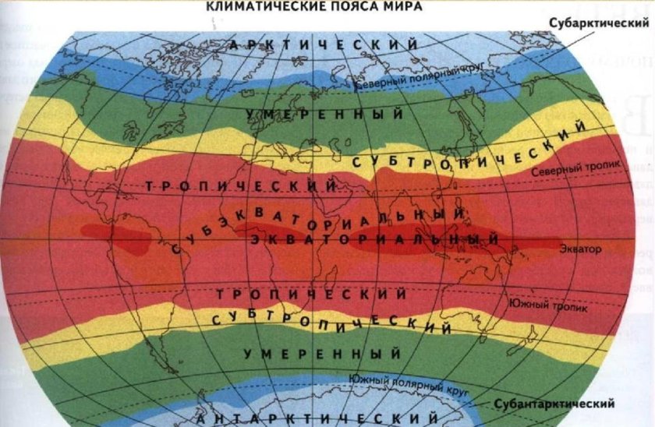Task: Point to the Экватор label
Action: (582, 249)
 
